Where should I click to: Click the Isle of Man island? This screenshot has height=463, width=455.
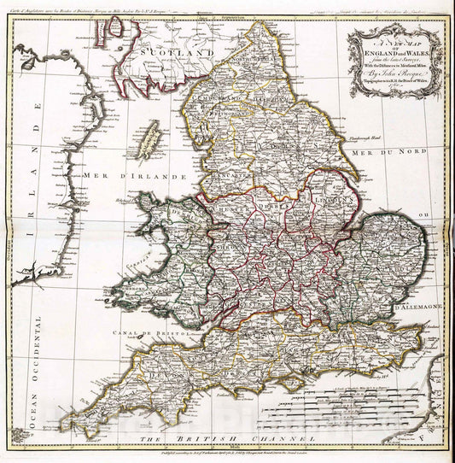coord(151,132)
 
